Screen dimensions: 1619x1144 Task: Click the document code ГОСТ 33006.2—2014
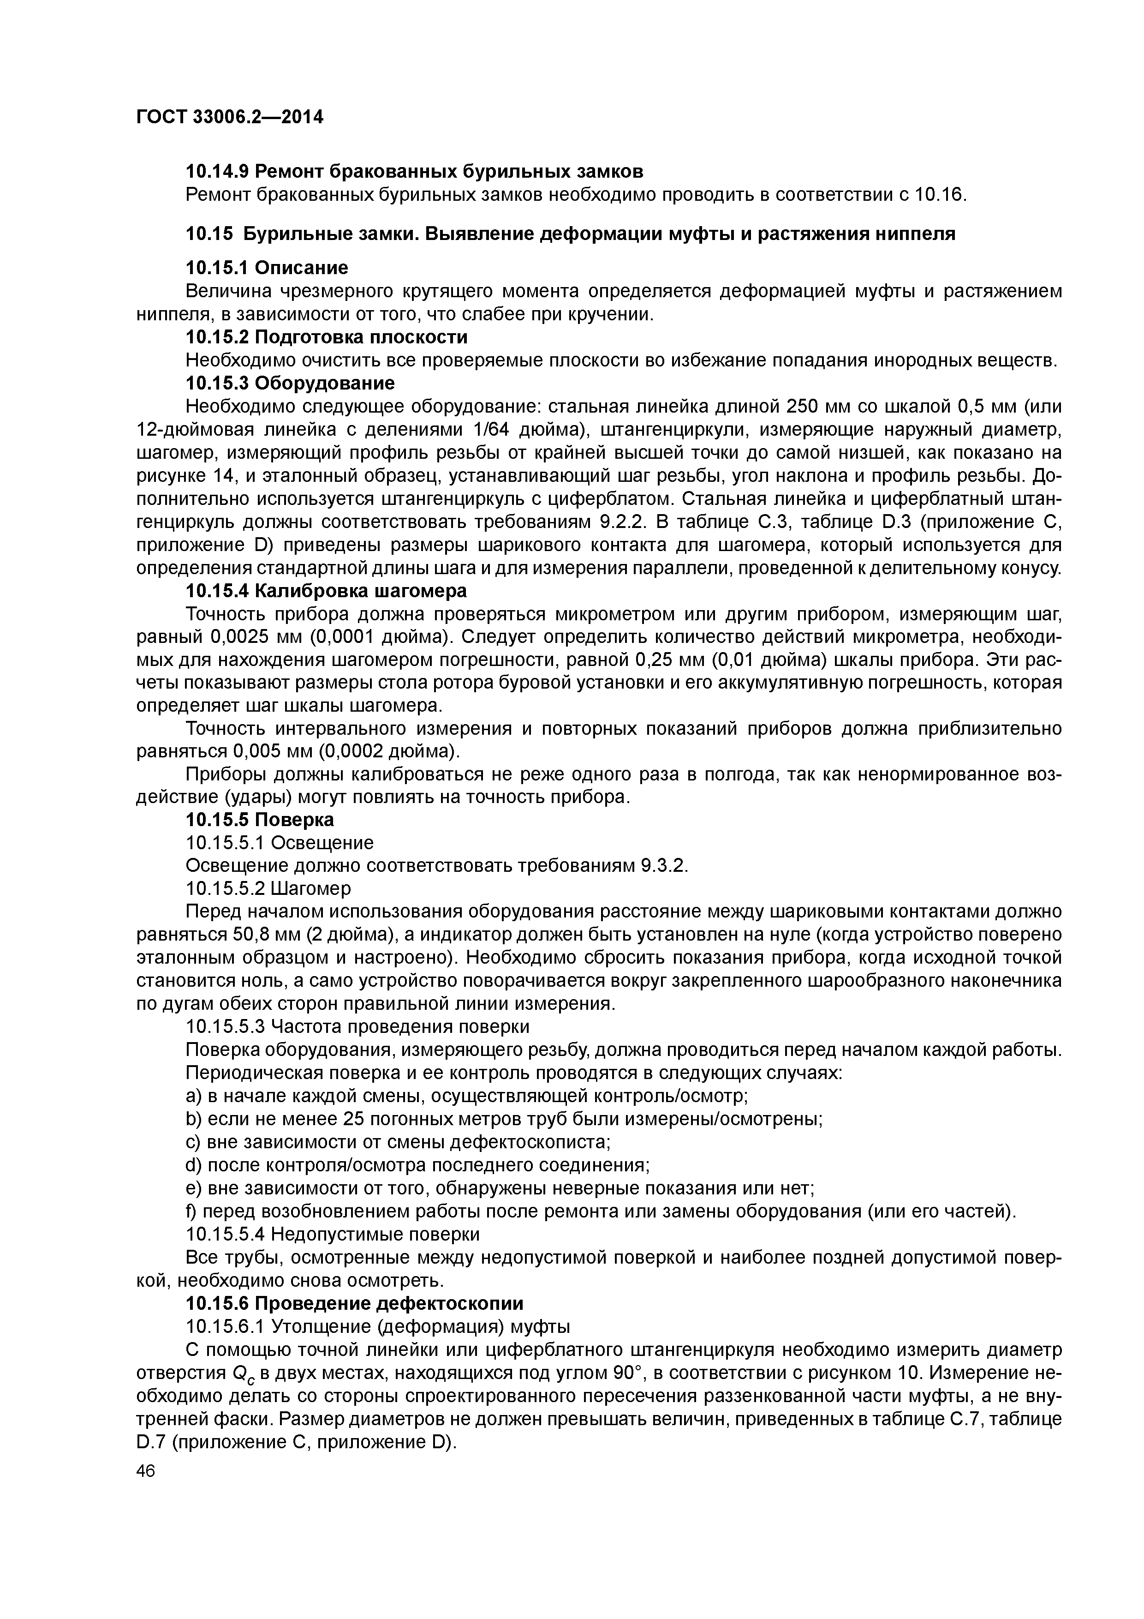[229, 117]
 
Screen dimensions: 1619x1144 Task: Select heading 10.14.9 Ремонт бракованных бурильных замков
[414, 171]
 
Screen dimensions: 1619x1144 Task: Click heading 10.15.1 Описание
[267, 268]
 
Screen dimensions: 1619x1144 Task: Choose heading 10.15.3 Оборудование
[290, 383]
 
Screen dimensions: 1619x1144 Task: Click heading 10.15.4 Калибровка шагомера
[326, 590]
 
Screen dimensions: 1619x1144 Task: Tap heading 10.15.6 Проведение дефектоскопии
[355, 1303]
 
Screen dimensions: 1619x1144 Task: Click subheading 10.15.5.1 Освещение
[279, 843]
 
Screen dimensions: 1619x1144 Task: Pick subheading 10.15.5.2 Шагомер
[268, 888]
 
